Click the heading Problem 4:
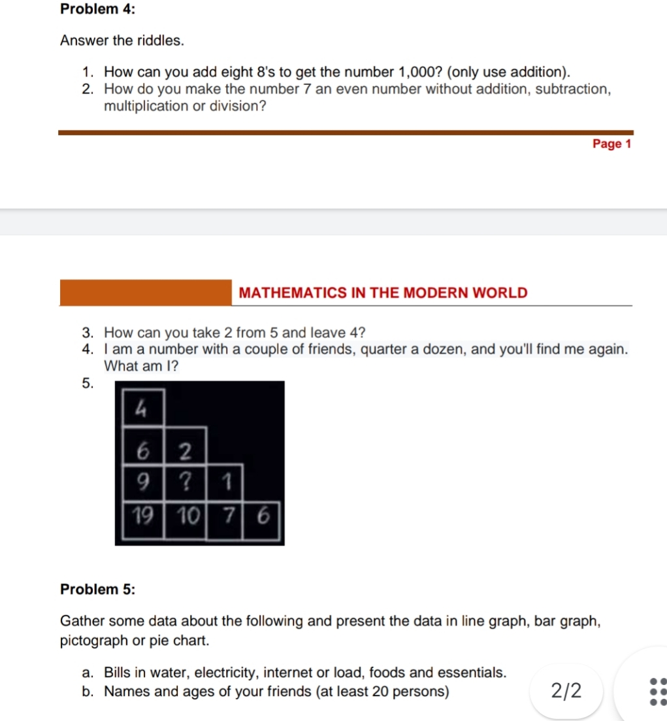coord(92,9)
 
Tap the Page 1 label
coord(611,144)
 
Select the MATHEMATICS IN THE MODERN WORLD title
coord(383,293)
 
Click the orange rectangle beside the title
coord(145,292)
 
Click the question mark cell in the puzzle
coord(184,482)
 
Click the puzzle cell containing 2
coord(185,449)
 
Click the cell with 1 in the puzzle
coord(225,482)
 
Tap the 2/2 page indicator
coord(566,690)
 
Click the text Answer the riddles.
coord(122,41)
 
